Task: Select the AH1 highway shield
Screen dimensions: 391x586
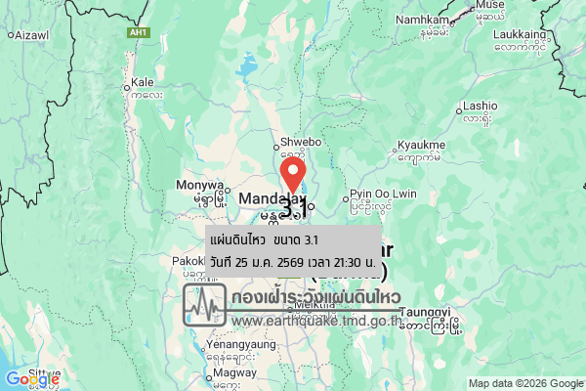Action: (139, 32)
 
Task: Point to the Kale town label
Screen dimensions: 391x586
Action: (143, 82)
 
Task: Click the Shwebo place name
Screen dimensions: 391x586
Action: (301, 143)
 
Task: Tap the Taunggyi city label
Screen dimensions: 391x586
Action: (427, 311)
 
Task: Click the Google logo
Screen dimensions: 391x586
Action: (32, 379)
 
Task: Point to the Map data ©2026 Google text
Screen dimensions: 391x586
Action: (524, 383)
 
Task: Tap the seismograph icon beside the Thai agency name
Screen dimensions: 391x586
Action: (205, 305)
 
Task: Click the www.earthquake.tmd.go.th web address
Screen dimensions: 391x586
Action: (317, 320)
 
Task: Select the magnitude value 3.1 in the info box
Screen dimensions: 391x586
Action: (312, 240)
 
